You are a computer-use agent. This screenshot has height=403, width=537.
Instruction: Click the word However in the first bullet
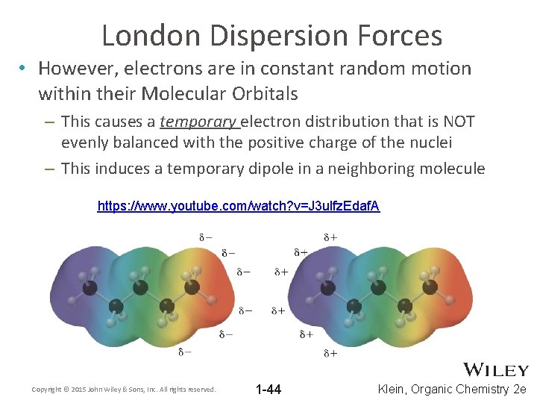(x=72, y=69)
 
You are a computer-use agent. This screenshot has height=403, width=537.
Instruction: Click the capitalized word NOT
(x=459, y=121)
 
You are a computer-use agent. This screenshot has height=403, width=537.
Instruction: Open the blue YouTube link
(x=239, y=206)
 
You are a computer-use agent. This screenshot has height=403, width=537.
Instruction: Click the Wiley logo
(x=496, y=370)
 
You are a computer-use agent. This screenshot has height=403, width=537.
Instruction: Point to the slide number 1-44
(x=268, y=389)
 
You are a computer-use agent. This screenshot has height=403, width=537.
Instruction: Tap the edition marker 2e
(x=520, y=389)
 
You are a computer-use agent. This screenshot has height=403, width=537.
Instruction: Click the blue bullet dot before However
(x=25, y=69)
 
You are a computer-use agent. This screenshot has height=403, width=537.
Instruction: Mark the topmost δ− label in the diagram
(x=204, y=237)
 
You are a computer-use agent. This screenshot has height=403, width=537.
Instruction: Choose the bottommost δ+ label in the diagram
(x=329, y=352)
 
